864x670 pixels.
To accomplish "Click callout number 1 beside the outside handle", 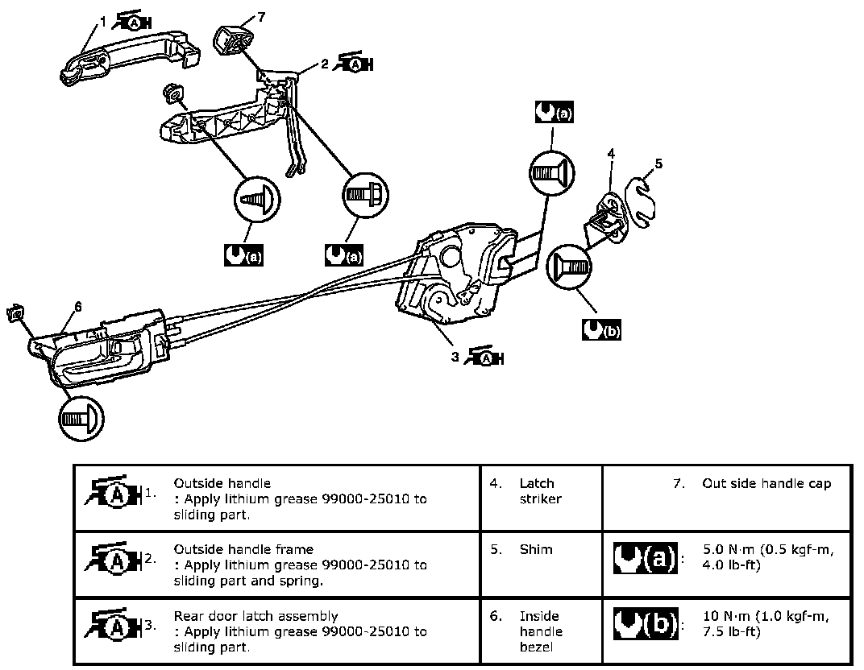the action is (x=103, y=22).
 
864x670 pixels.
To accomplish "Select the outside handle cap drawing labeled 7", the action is (x=232, y=40).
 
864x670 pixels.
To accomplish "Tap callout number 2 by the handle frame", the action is (x=325, y=64).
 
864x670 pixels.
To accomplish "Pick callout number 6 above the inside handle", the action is (x=77, y=307).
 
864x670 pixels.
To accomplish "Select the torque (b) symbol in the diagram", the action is (x=601, y=330).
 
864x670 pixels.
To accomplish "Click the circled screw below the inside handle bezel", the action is (x=81, y=419).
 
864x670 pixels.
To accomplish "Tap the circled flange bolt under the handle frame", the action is (x=365, y=195).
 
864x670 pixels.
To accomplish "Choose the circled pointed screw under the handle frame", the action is (x=257, y=199).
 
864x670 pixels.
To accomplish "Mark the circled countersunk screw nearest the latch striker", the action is (x=569, y=267).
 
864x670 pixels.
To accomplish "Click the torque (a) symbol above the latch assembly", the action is (x=554, y=112).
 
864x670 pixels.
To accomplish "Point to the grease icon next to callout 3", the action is (x=484, y=358).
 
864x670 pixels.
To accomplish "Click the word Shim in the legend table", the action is (x=536, y=549).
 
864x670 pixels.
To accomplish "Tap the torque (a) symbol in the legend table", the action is (x=646, y=559).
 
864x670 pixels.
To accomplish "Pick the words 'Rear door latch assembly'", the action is (x=255, y=616).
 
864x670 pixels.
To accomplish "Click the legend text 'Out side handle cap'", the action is (x=766, y=483).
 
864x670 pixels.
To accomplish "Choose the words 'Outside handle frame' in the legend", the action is (x=243, y=549).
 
